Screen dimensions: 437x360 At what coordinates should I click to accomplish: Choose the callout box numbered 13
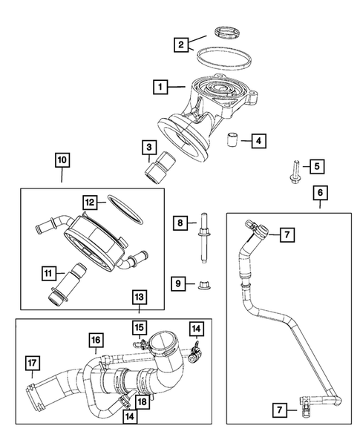[x=140, y=298]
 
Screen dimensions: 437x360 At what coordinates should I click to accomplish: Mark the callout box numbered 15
[x=139, y=327]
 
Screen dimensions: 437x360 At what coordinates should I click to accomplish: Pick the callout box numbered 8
[x=179, y=222]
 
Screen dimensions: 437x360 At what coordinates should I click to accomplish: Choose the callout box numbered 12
[x=90, y=201]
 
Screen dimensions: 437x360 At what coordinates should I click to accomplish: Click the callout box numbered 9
[x=179, y=283]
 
